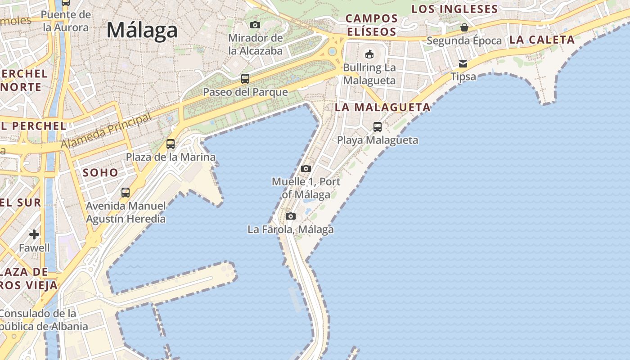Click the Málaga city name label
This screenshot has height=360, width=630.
pyautogui.click(x=142, y=30)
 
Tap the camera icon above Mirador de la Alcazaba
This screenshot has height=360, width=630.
pyautogui.click(x=255, y=25)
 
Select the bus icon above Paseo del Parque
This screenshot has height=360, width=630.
pyautogui.click(x=245, y=79)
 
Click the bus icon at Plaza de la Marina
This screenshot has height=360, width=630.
pyautogui.click(x=171, y=144)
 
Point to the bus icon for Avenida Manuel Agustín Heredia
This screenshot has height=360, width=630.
pyautogui.click(x=126, y=193)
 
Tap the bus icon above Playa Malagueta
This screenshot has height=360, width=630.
pyautogui.click(x=378, y=127)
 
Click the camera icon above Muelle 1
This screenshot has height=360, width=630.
pyautogui.click(x=306, y=169)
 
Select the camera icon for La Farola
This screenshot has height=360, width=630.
pyautogui.click(x=291, y=216)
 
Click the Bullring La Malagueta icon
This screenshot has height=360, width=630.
pyautogui.click(x=369, y=54)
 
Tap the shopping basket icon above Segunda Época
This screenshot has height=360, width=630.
pyautogui.click(x=464, y=27)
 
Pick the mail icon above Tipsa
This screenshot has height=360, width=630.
pyautogui.click(x=463, y=63)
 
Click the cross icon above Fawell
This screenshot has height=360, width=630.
pyautogui.click(x=34, y=234)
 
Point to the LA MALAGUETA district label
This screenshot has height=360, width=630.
pyautogui.click(x=382, y=108)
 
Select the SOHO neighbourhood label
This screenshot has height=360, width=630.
pyautogui.click(x=100, y=172)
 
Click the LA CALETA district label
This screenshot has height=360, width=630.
pyautogui.click(x=542, y=40)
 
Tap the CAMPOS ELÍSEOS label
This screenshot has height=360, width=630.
pyautogui.click(x=371, y=25)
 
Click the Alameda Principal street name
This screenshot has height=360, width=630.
pyautogui.click(x=106, y=131)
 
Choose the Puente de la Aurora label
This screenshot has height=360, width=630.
pyautogui.click(x=66, y=21)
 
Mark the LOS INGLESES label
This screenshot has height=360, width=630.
pyautogui.click(x=454, y=9)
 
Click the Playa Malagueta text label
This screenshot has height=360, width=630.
pyautogui.click(x=378, y=140)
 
